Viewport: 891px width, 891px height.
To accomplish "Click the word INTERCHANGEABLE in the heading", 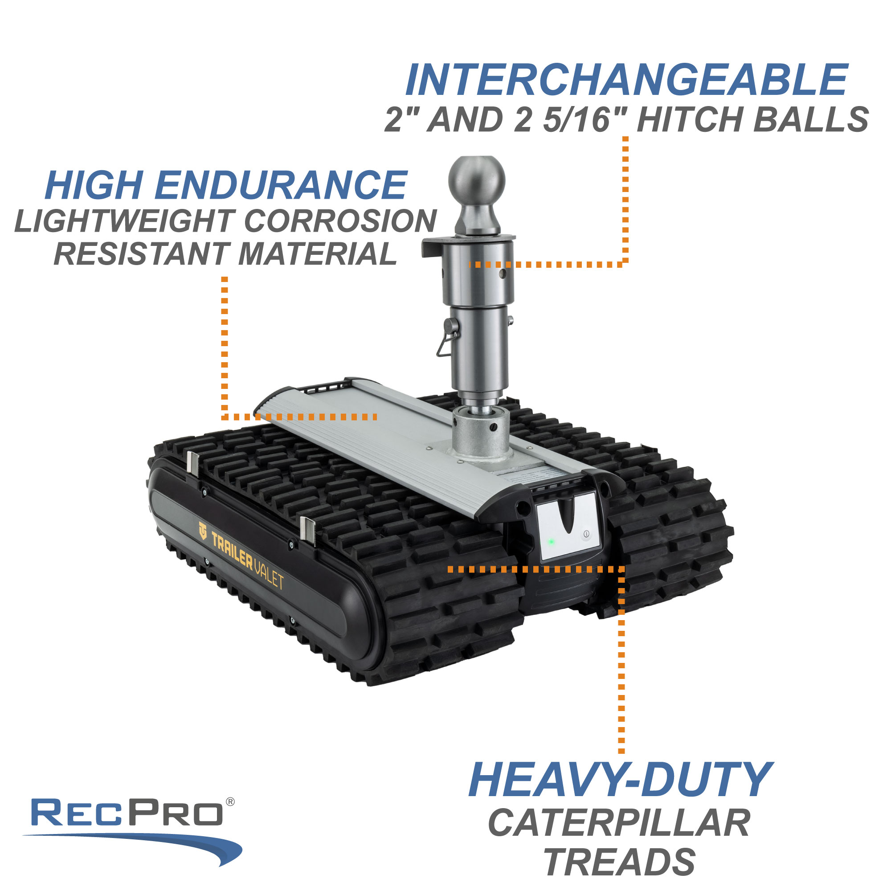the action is [x=626, y=80].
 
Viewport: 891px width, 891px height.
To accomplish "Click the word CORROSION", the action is [x=340, y=221].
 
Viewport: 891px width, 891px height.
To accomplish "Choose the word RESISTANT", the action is [x=142, y=254].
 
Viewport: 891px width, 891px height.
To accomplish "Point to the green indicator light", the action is [x=551, y=542].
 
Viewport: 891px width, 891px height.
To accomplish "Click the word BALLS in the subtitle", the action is [x=811, y=119].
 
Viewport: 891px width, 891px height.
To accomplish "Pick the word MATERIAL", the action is [x=318, y=254].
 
